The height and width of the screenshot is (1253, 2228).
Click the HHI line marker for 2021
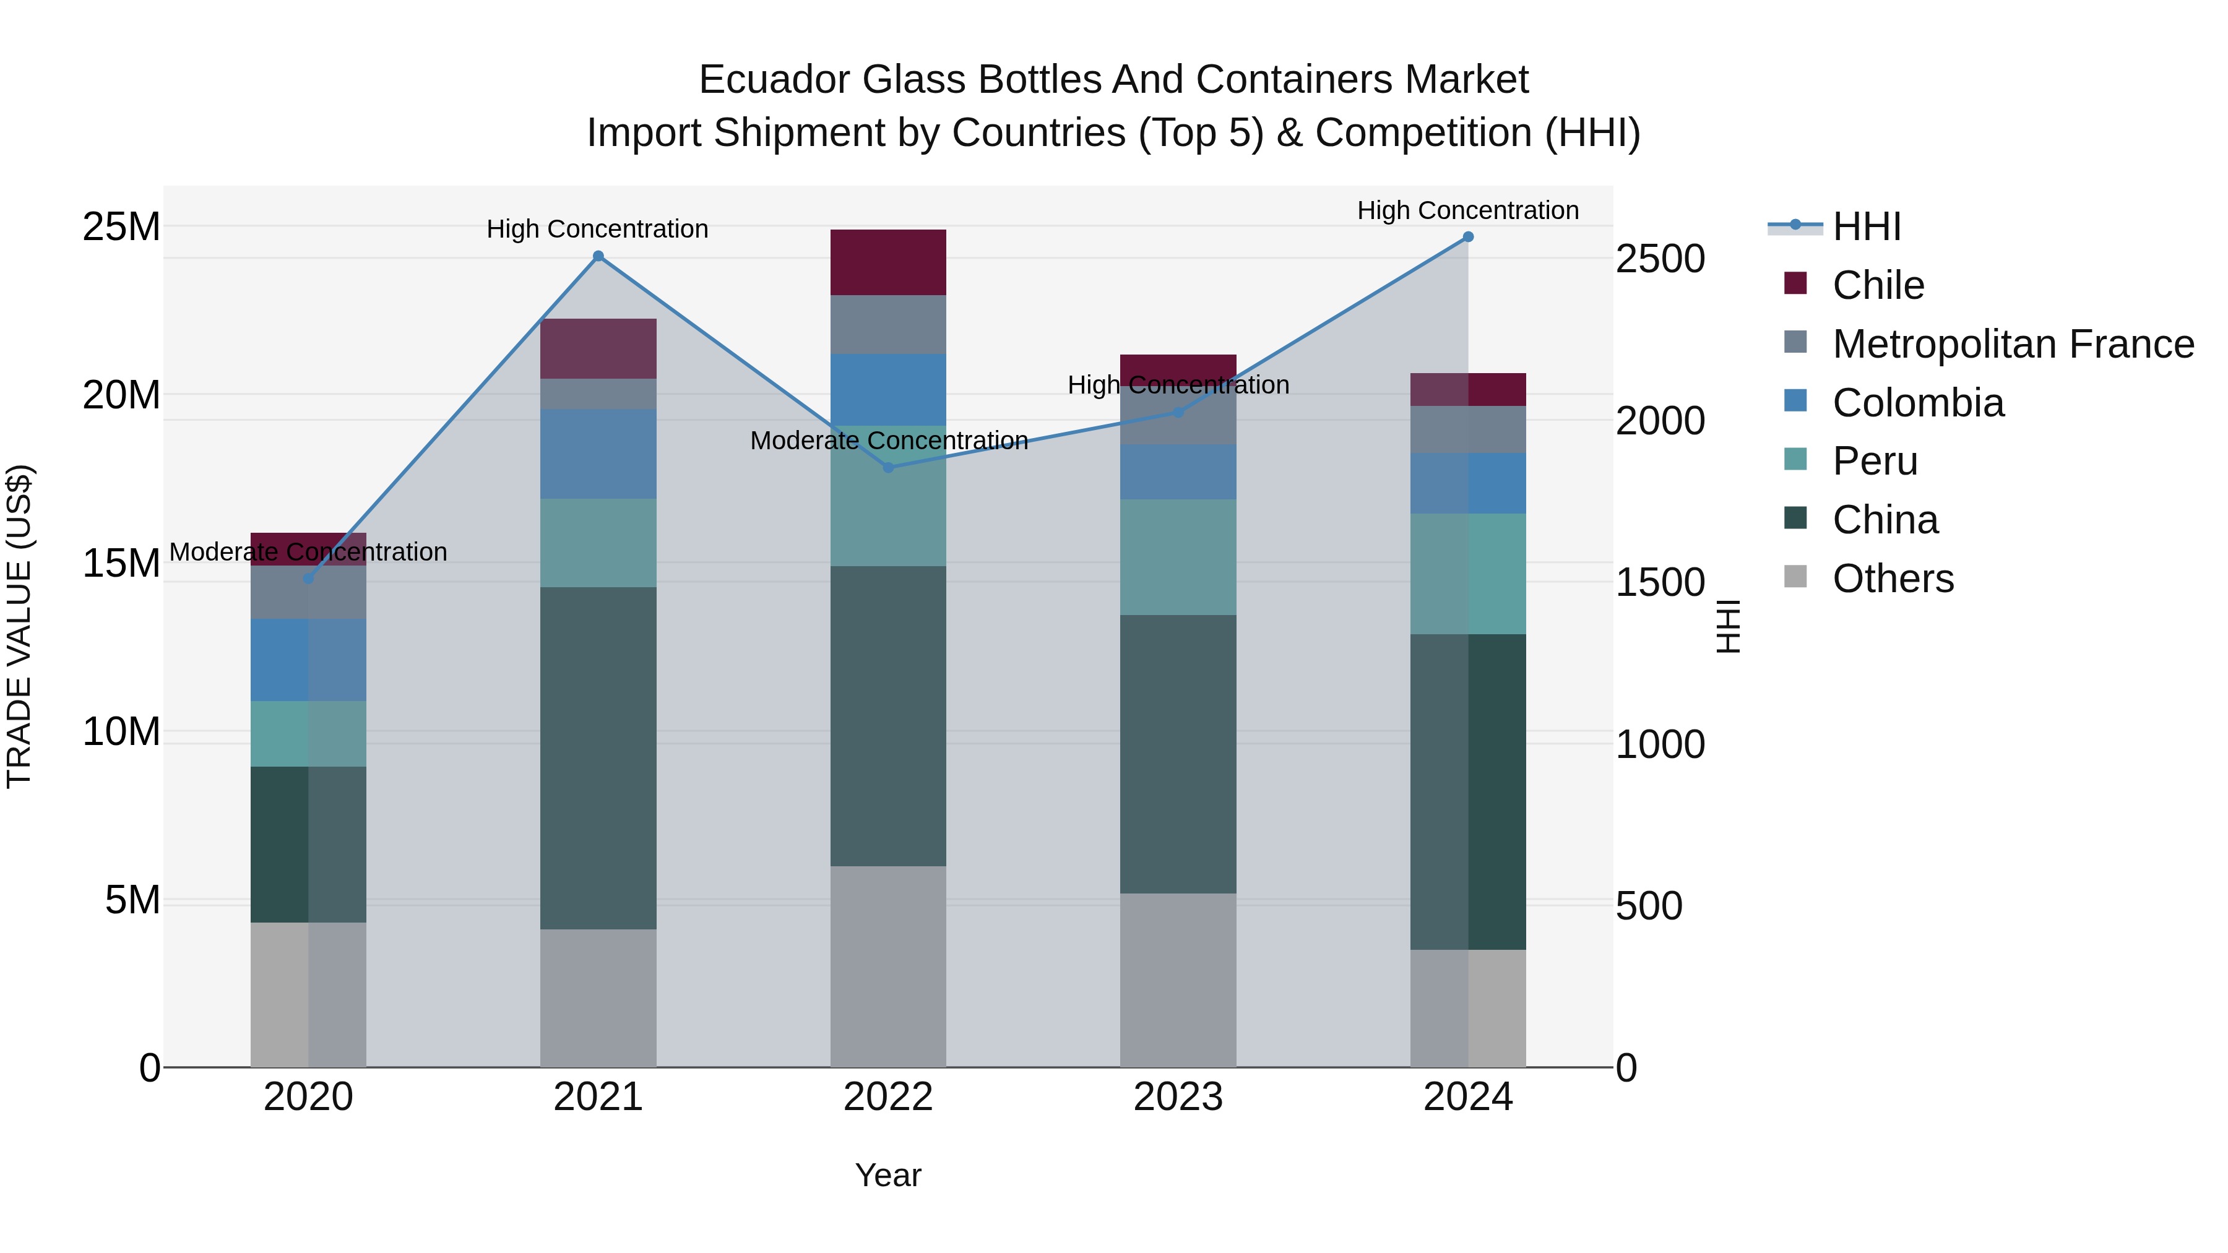coord(598,256)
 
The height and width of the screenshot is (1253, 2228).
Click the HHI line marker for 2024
coord(1468,237)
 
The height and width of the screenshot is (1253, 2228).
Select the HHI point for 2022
coord(888,468)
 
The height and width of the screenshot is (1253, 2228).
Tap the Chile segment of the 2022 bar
coord(888,262)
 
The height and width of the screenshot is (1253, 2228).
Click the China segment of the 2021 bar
coord(598,759)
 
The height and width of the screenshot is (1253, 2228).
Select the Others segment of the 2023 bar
coord(1178,980)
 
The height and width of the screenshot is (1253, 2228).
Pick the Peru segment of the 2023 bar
coord(1178,557)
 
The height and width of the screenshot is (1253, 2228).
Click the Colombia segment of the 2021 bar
coord(598,454)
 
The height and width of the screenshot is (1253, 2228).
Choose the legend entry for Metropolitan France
coord(2013,344)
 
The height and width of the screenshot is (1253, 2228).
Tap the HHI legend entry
coord(1867,226)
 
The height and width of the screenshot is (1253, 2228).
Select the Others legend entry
coord(1893,579)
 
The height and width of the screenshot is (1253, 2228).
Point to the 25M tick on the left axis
coord(121,226)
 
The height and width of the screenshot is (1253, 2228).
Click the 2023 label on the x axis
coord(1178,1097)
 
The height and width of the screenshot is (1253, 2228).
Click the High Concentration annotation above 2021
coord(598,229)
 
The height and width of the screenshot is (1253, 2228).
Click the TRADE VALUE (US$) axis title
coord(19,626)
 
